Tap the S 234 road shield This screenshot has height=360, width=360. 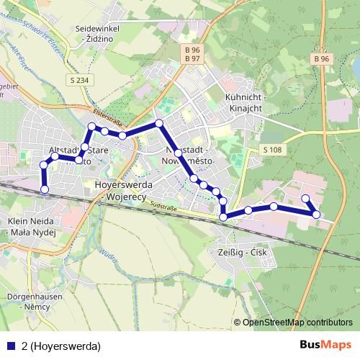79,79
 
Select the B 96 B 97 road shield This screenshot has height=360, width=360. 191,54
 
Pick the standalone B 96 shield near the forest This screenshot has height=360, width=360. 321,58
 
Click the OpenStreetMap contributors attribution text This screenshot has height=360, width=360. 297,322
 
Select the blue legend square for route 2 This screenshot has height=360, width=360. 11,346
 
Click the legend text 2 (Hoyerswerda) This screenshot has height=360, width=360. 61,346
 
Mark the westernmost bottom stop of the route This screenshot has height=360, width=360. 45,190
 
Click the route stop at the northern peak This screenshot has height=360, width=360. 159,123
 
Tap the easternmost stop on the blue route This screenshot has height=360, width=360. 317,214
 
